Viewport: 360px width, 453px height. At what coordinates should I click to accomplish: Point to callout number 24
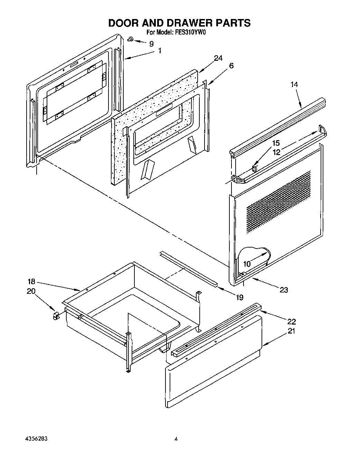coord(218,58)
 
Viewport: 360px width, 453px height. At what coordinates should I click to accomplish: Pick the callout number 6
coord(231,66)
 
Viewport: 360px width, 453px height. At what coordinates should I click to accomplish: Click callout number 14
coord(294,84)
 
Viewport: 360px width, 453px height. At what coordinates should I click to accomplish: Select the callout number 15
coord(275,143)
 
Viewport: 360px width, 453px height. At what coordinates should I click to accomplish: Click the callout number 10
coord(247,264)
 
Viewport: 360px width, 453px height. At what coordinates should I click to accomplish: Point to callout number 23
coord(284,290)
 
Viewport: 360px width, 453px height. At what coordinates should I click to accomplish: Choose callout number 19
coord(239,297)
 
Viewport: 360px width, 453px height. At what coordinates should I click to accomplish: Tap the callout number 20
coord(31,291)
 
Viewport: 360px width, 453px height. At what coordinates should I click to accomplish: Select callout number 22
coord(292,321)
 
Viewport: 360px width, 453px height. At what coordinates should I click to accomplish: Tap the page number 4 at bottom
coord(176,439)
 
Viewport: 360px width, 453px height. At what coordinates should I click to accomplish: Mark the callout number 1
coord(159,51)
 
